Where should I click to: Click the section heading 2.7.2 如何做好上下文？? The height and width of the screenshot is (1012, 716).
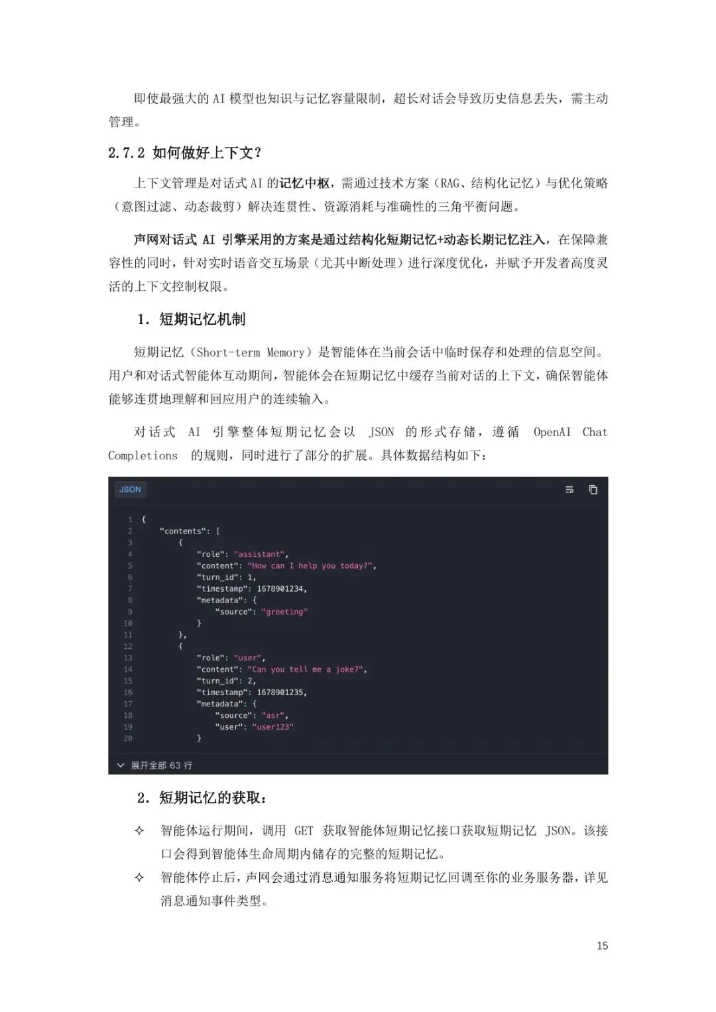click(185, 153)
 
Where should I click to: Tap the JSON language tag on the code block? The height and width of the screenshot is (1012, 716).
click(130, 490)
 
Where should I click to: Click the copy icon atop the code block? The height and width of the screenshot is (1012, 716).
click(593, 490)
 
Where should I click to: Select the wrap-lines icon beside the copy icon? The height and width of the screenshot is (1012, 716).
click(569, 490)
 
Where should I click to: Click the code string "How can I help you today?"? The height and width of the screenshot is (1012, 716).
click(311, 566)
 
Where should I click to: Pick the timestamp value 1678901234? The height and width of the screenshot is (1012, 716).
click(281, 589)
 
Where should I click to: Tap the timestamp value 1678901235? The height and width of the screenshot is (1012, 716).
click(281, 693)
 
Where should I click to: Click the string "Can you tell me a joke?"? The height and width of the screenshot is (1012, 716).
click(306, 669)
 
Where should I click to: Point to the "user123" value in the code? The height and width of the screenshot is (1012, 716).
click(274, 727)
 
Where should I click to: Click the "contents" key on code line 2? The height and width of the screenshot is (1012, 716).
click(183, 532)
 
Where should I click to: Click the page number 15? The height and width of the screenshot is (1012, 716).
click(602, 946)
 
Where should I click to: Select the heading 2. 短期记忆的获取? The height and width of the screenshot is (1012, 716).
click(202, 798)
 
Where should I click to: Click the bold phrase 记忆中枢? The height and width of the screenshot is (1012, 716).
click(304, 183)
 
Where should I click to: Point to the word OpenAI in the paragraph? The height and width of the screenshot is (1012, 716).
click(552, 432)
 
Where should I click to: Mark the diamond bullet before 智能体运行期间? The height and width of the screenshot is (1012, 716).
click(139, 830)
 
